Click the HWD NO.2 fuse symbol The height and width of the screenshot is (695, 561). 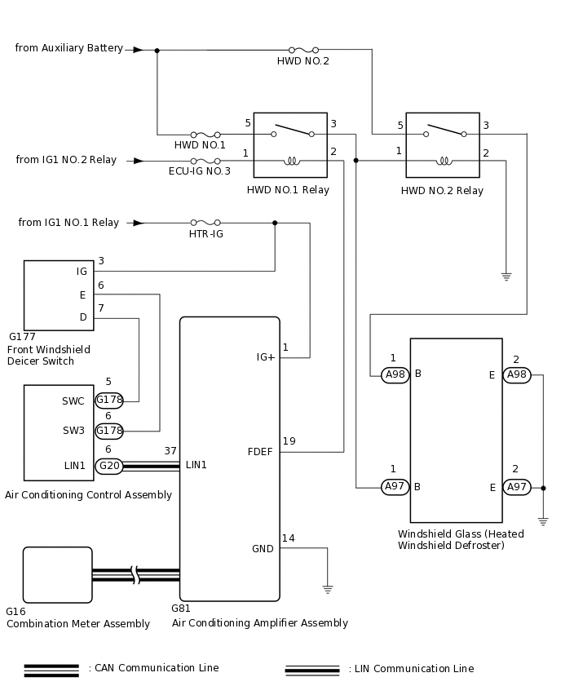point(303,50)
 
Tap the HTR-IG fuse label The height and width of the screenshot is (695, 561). point(206,234)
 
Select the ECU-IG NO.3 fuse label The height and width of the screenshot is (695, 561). point(200,171)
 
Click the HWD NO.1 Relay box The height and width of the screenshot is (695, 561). point(290,145)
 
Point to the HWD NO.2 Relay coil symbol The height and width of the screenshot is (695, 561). point(444,161)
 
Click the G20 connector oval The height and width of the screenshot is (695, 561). point(109,466)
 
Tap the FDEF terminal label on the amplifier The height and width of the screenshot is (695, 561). point(260,452)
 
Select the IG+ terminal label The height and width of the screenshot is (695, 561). point(266,357)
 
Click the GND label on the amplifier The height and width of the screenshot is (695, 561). point(263,549)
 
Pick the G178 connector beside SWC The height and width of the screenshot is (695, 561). point(109,401)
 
